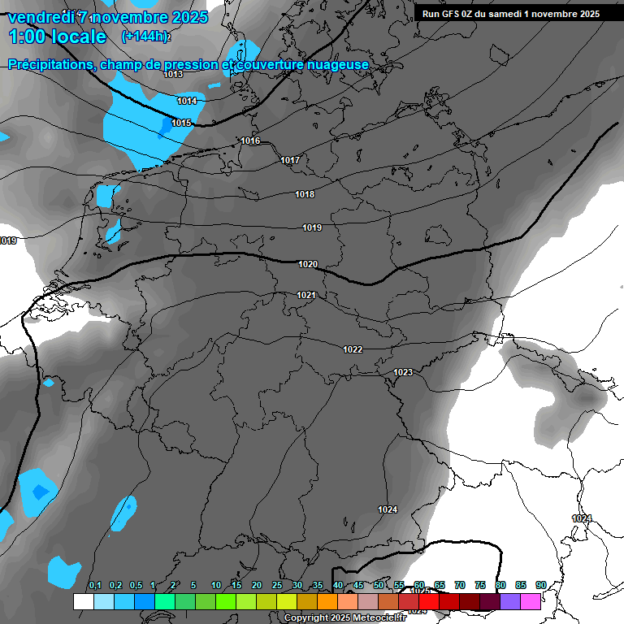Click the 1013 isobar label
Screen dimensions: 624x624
(x=173, y=75)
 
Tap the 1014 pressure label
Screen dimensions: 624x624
(x=187, y=101)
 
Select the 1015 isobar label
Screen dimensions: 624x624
(x=181, y=123)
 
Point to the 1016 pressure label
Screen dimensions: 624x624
(x=250, y=141)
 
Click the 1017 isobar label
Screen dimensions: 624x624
(x=290, y=160)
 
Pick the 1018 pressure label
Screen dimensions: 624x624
(x=305, y=194)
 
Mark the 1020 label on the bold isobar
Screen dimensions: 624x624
(x=308, y=264)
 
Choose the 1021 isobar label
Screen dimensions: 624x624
(x=306, y=295)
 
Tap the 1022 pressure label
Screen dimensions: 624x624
(x=353, y=349)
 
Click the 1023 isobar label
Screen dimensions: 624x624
(x=403, y=372)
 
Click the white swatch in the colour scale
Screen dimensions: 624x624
(x=83, y=601)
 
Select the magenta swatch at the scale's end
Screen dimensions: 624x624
(x=531, y=601)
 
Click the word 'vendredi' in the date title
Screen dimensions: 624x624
(x=40, y=17)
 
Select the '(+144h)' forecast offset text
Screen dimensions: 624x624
(x=146, y=37)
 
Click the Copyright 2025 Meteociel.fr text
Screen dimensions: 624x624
(x=344, y=618)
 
